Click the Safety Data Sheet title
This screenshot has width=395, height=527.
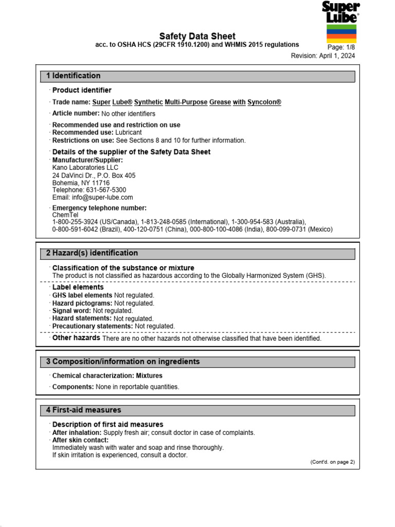point(197,36)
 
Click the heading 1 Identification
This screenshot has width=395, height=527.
point(74,76)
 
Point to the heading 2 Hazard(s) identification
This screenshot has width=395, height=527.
point(92,253)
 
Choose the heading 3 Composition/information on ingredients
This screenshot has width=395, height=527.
point(122,362)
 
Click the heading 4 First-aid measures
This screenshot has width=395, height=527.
point(83,410)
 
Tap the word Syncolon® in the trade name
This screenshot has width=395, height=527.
point(264,102)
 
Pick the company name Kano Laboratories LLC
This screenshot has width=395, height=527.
point(85,168)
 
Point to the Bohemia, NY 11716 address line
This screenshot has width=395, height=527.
point(81,183)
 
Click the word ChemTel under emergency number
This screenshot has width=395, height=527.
point(64,215)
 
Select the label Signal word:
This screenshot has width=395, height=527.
point(71,311)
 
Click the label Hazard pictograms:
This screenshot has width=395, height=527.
point(82,304)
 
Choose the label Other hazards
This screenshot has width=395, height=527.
point(76,338)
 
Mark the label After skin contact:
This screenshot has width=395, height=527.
point(80,440)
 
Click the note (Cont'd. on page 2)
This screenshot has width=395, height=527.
point(332,462)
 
